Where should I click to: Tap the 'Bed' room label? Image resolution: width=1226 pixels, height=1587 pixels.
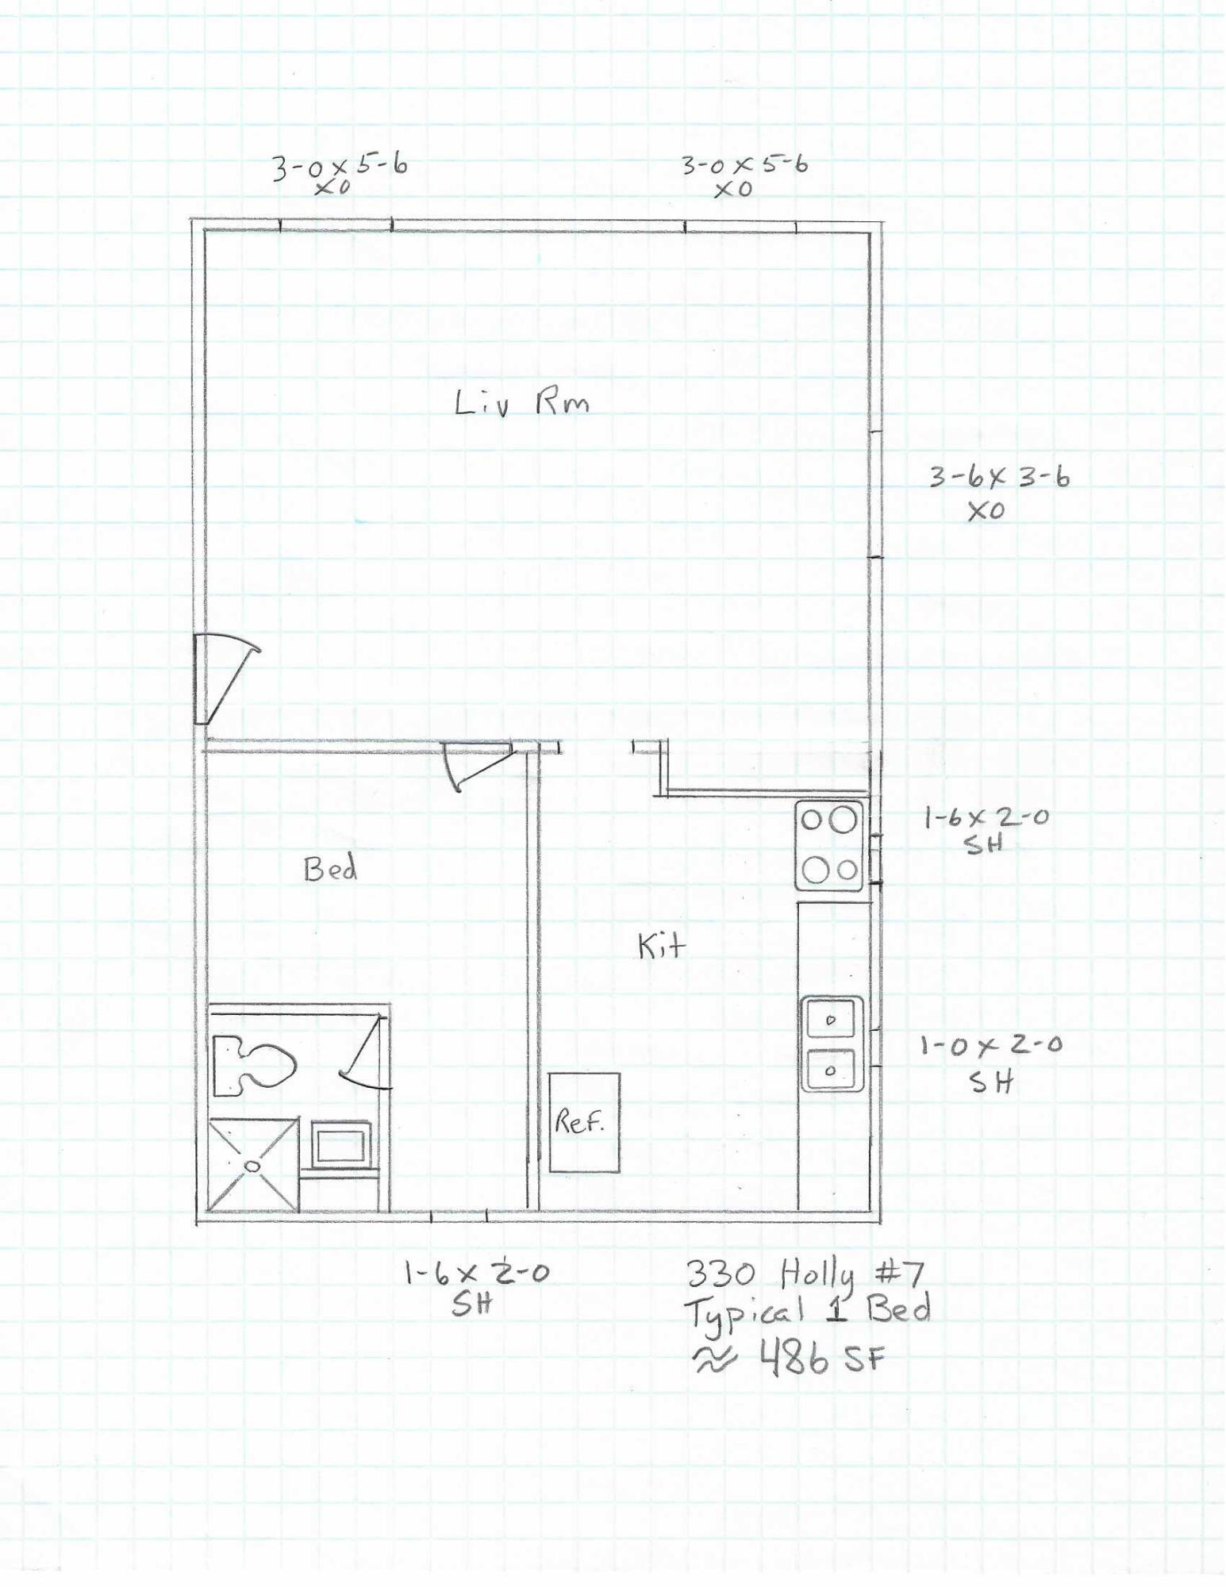coord(330,869)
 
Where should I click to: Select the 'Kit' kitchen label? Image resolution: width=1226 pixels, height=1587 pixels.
coord(661,945)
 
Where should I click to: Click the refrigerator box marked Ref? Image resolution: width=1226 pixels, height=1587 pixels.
coord(584,1123)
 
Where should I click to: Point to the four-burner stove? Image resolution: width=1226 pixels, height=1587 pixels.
coord(829,845)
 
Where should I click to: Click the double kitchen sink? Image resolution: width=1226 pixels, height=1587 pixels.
coord(831,1043)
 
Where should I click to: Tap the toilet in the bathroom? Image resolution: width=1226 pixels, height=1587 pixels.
coord(252,1064)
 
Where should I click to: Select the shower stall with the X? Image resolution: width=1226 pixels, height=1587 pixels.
coord(253,1165)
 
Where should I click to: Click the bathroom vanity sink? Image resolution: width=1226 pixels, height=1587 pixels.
coord(341,1144)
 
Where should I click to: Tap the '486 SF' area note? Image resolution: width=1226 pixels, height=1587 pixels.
coord(822,1359)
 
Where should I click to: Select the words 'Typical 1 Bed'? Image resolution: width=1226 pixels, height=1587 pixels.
coord(806,1313)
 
